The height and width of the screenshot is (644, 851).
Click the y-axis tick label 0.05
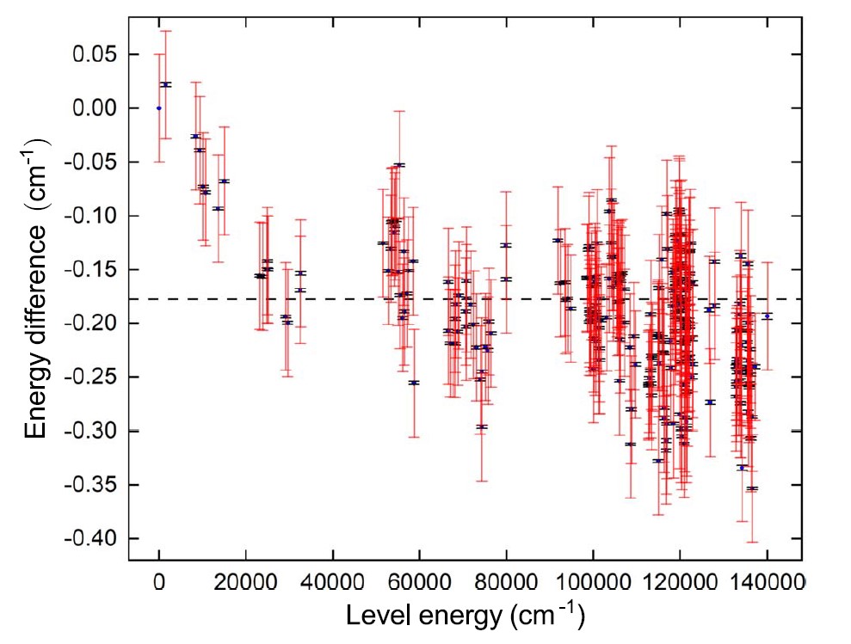97,54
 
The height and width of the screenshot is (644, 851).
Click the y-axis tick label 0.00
97,108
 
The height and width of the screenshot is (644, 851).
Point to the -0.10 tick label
95,216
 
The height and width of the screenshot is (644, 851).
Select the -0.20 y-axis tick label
95,323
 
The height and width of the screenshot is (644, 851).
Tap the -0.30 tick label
95,431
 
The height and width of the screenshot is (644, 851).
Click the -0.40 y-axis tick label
95,538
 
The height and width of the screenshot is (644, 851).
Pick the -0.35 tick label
95,485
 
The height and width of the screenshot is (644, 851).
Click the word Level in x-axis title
374,616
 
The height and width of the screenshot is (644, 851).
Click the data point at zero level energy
159,108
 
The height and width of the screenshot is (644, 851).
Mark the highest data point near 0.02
166,84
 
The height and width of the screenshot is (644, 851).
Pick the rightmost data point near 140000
767,316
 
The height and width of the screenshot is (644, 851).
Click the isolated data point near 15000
224,181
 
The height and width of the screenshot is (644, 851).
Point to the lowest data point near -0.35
752,488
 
